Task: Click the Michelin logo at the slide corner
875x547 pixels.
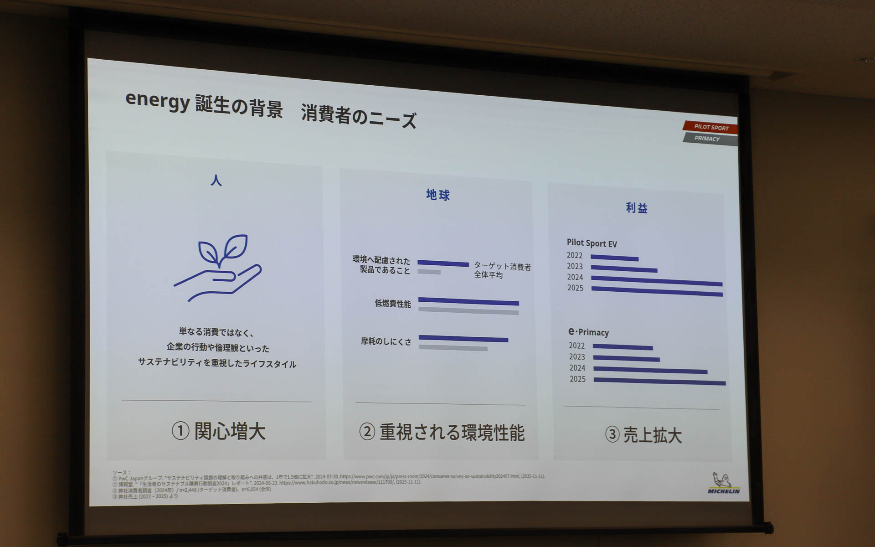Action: point(724,484)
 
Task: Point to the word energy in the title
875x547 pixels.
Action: point(157,100)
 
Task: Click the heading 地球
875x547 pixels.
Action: point(437,195)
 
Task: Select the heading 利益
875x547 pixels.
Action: point(636,208)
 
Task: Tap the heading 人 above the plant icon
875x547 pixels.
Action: point(216,181)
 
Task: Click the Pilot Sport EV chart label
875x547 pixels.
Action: point(592,243)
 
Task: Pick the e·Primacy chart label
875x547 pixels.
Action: point(588,332)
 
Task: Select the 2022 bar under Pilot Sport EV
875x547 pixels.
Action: point(614,258)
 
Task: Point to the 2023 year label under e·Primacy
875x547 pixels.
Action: point(576,357)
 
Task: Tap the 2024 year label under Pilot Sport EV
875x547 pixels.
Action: point(575,277)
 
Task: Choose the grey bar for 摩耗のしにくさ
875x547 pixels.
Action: point(453,348)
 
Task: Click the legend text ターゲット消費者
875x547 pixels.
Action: point(502,266)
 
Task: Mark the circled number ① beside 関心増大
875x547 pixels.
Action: point(180,431)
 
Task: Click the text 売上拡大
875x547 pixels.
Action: point(652,435)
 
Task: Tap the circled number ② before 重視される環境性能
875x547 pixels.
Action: point(367,431)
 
